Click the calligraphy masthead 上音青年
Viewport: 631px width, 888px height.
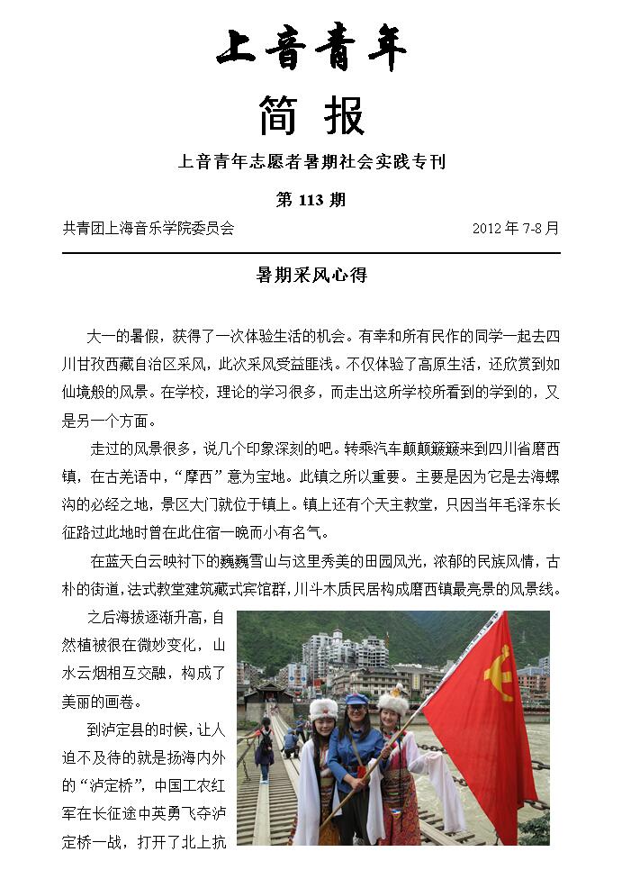(311, 50)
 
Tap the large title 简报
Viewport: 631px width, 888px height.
(311, 116)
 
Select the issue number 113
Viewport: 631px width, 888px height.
(311, 200)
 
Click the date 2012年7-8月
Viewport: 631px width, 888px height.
(515, 229)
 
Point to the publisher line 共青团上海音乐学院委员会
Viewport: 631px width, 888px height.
(149, 229)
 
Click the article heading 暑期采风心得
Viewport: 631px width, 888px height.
(311, 276)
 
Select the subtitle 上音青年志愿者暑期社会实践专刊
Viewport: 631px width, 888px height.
(311, 163)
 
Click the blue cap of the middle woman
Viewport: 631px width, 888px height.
(357, 699)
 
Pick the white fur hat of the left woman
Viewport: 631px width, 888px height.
(323, 708)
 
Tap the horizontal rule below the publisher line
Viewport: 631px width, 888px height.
(311, 253)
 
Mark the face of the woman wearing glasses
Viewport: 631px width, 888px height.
(357, 716)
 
